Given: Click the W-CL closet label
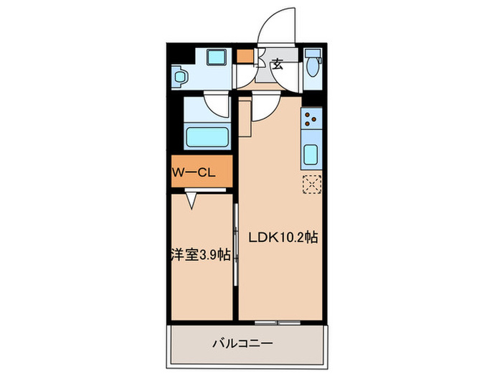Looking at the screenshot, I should pyautogui.click(x=193, y=172).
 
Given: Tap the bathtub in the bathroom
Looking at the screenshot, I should pyautogui.click(x=206, y=136).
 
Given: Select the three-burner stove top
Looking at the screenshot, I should pyautogui.click(x=312, y=119).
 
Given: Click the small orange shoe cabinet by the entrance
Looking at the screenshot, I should pyautogui.click(x=245, y=55).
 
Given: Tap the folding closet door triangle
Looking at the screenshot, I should pyautogui.click(x=192, y=200).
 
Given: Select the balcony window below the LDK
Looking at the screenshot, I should pyautogui.click(x=278, y=321).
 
